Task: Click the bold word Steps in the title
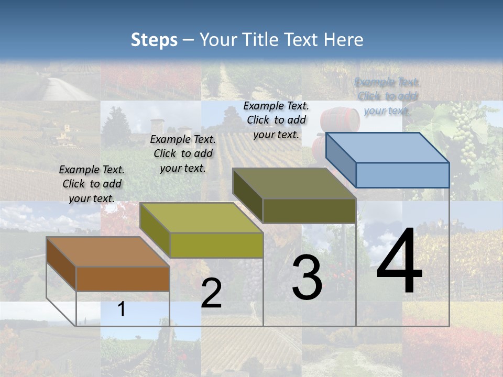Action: click(x=154, y=40)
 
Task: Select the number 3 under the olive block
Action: click(x=307, y=278)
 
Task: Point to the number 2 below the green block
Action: click(x=211, y=293)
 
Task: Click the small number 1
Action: click(x=121, y=309)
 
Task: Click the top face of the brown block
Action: click(x=108, y=251)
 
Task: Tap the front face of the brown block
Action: click(x=123, y=279)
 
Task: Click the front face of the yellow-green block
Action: click(x=216, y=245)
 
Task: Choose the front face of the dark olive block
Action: click(x=309, y=210)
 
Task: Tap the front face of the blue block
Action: click(x=402, y=175)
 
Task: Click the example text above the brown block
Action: click(x=92, y=184)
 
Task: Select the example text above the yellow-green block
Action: click(x=183, y=153)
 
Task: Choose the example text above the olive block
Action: click(x=276, y=120)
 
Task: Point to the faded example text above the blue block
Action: click(x=387, y=96)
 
